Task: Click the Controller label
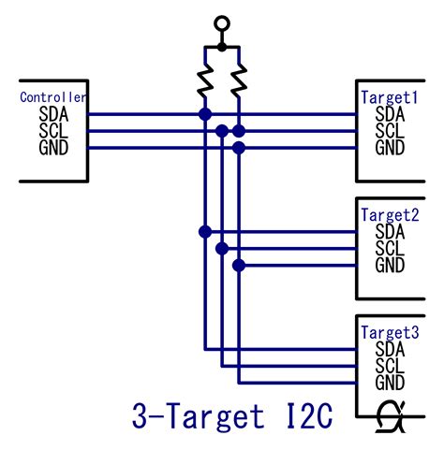[53, 97]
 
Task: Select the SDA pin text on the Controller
[54, 115]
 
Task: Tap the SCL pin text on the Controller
[54, 131]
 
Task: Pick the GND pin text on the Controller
[54, 148]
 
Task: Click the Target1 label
[390, 97]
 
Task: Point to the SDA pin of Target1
[390, 115]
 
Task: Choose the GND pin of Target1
[390, 148]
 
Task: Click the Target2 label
[390, 214]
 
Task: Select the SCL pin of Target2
[390, 248]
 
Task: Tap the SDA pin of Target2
[390, 232]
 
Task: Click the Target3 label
[390, 332]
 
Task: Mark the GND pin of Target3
[390, 383]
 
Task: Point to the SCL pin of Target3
[390, 366]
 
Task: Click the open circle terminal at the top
[221, 23]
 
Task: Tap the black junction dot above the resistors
[221, 45]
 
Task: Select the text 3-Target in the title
[196, 417]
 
